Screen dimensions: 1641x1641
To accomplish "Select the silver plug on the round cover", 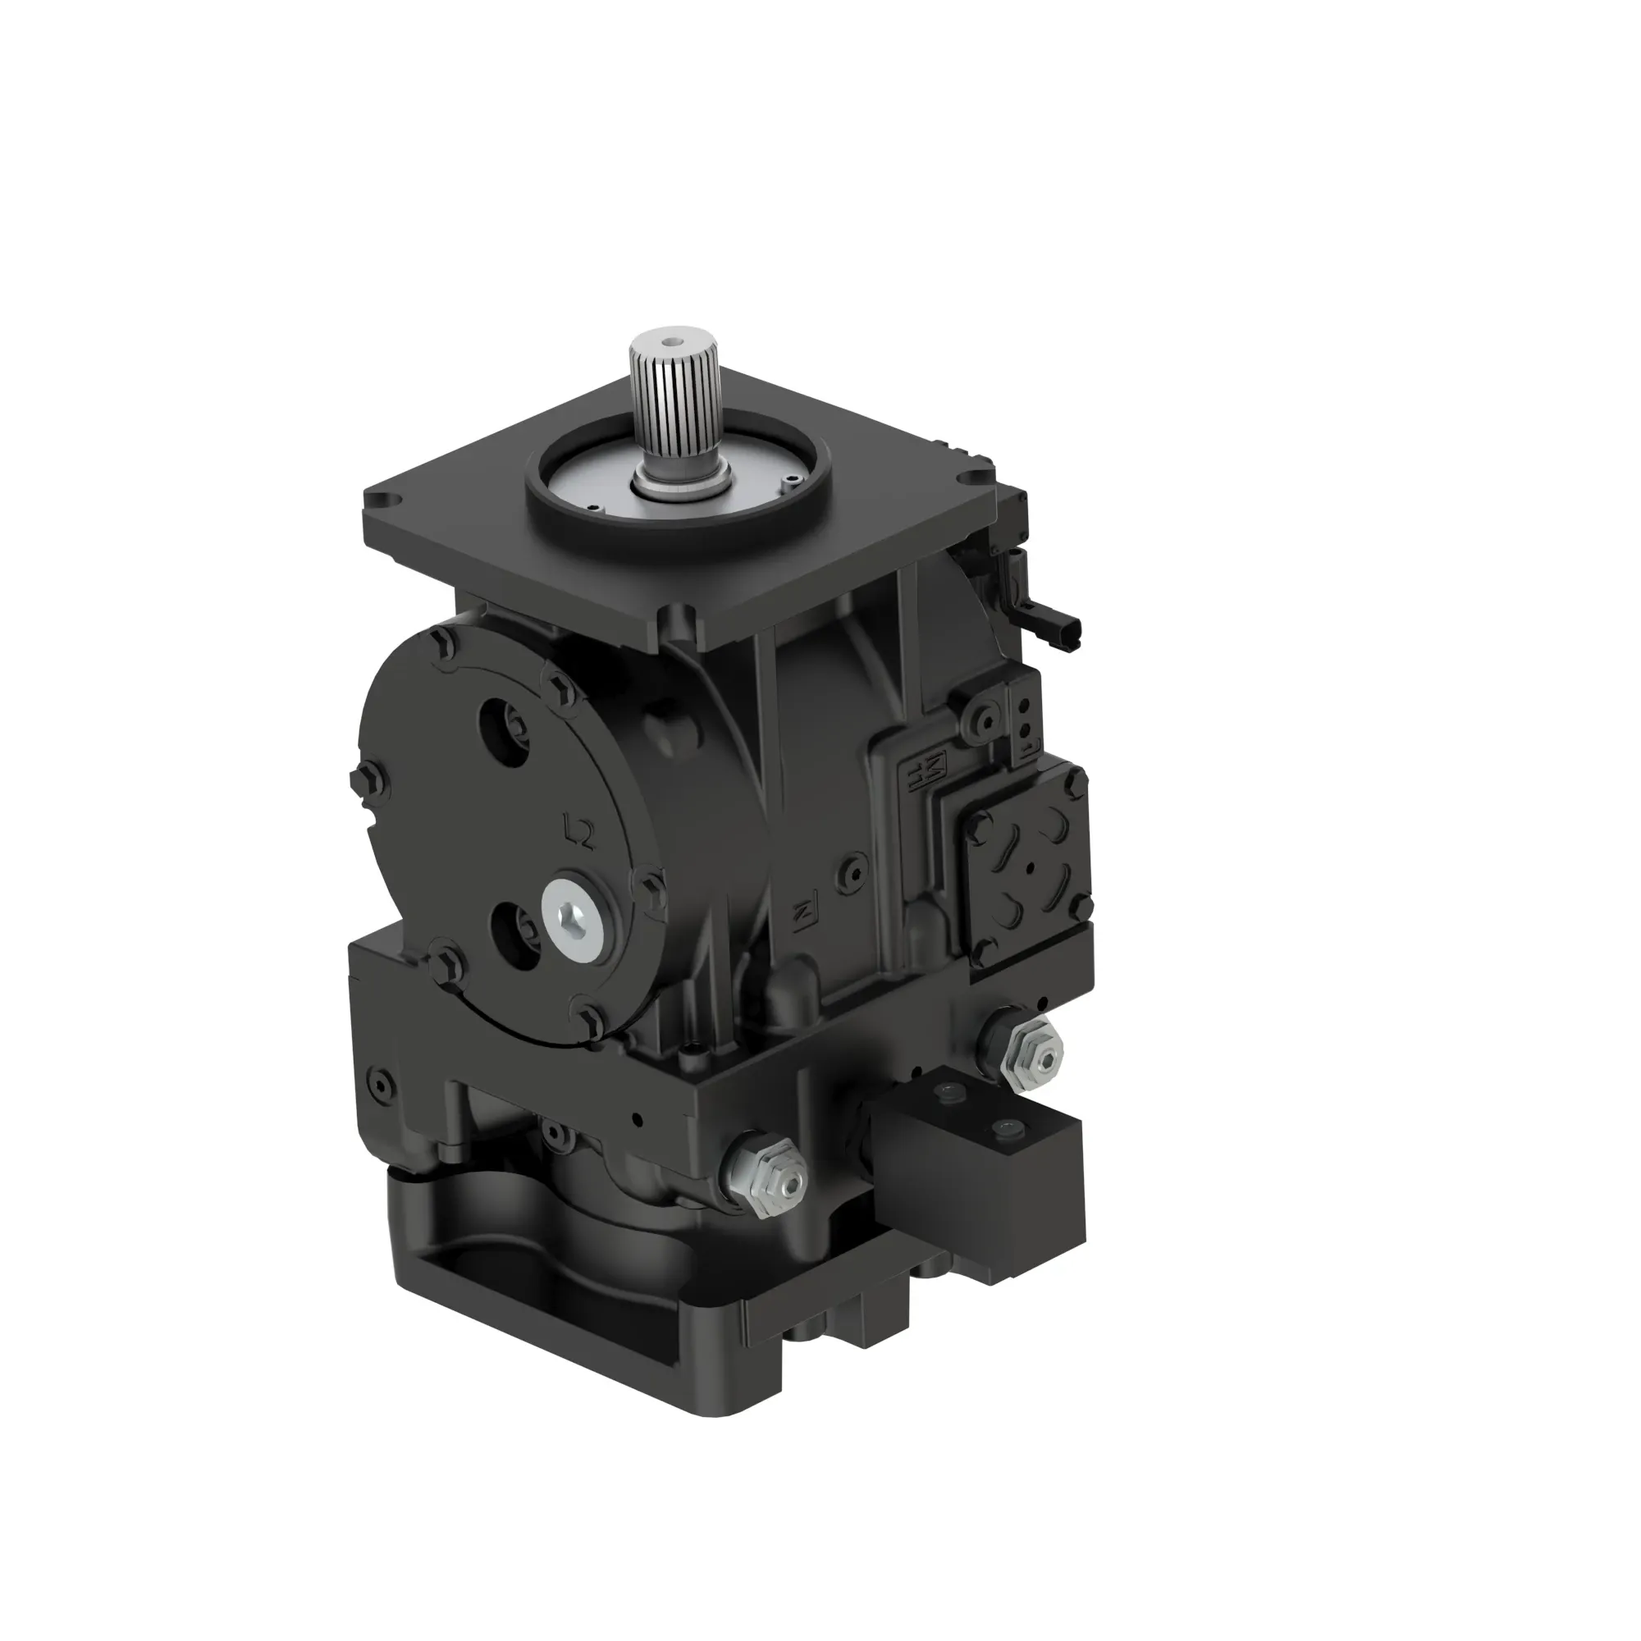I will pos(577,920).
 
